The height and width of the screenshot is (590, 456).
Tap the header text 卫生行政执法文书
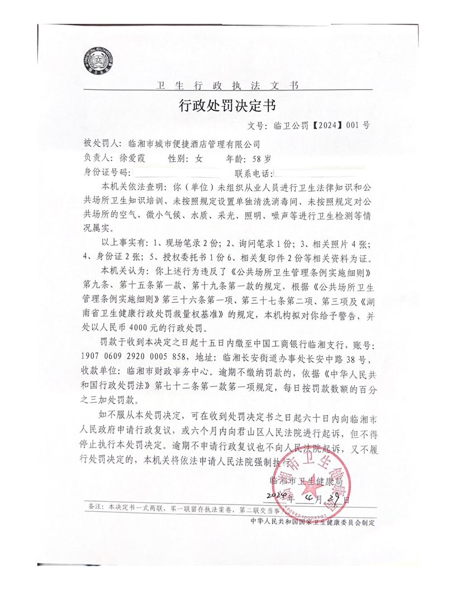coord(227,85)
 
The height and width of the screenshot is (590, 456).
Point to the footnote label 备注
coord(96,507)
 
